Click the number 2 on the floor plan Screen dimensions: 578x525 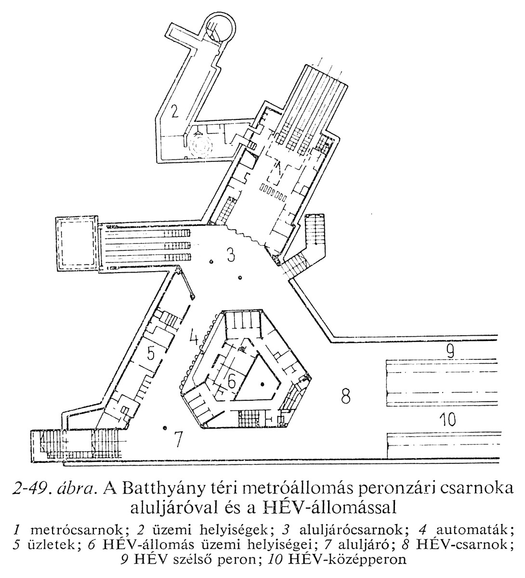click(174, 112)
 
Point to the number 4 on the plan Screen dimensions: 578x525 click(194, 336)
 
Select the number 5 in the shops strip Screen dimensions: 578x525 click(151, 355)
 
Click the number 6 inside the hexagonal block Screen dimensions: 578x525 click(232, 382)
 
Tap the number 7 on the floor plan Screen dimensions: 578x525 click(179, 438)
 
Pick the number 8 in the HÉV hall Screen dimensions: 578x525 click(345, 398)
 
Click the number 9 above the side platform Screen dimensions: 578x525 click(449, 351)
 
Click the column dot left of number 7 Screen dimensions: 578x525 click(165, 427)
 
